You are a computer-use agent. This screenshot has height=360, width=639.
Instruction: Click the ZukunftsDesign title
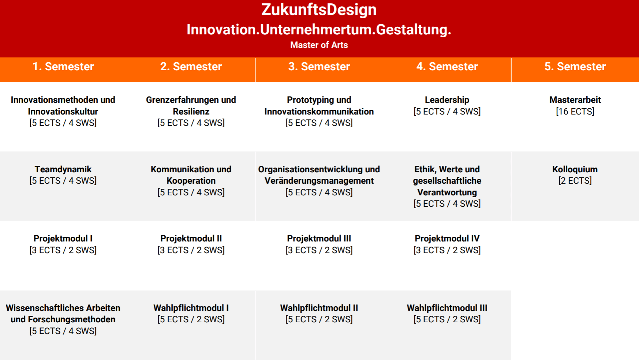(319, 10)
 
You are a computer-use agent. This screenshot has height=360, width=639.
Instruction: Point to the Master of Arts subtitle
(319, 45)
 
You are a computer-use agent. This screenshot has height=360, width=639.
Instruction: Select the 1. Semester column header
(63, 67)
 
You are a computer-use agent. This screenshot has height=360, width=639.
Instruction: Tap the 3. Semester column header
(319, 67)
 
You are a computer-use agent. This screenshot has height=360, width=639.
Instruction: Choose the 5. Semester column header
(575, 67)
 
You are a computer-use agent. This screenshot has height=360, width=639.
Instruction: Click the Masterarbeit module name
(575, 100)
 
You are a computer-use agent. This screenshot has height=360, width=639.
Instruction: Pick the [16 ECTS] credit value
(575, 112)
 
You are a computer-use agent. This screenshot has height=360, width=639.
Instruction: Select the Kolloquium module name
(575, 169)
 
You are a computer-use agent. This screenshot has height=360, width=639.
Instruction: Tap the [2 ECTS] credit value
(575, 181)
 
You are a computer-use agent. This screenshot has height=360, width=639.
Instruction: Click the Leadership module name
(447, 100)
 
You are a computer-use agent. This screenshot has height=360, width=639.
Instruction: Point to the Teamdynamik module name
(63, 169)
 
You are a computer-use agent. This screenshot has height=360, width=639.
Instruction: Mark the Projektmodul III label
(319, 239)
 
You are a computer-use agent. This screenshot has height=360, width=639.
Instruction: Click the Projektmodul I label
(63, 239)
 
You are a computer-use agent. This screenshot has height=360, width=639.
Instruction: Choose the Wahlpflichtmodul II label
(319, 308)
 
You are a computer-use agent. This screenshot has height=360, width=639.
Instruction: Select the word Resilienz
(191, 112)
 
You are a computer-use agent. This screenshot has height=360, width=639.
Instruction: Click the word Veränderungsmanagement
(319, 181)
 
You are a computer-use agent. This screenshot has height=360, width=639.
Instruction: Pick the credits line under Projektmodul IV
(447, 250)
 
